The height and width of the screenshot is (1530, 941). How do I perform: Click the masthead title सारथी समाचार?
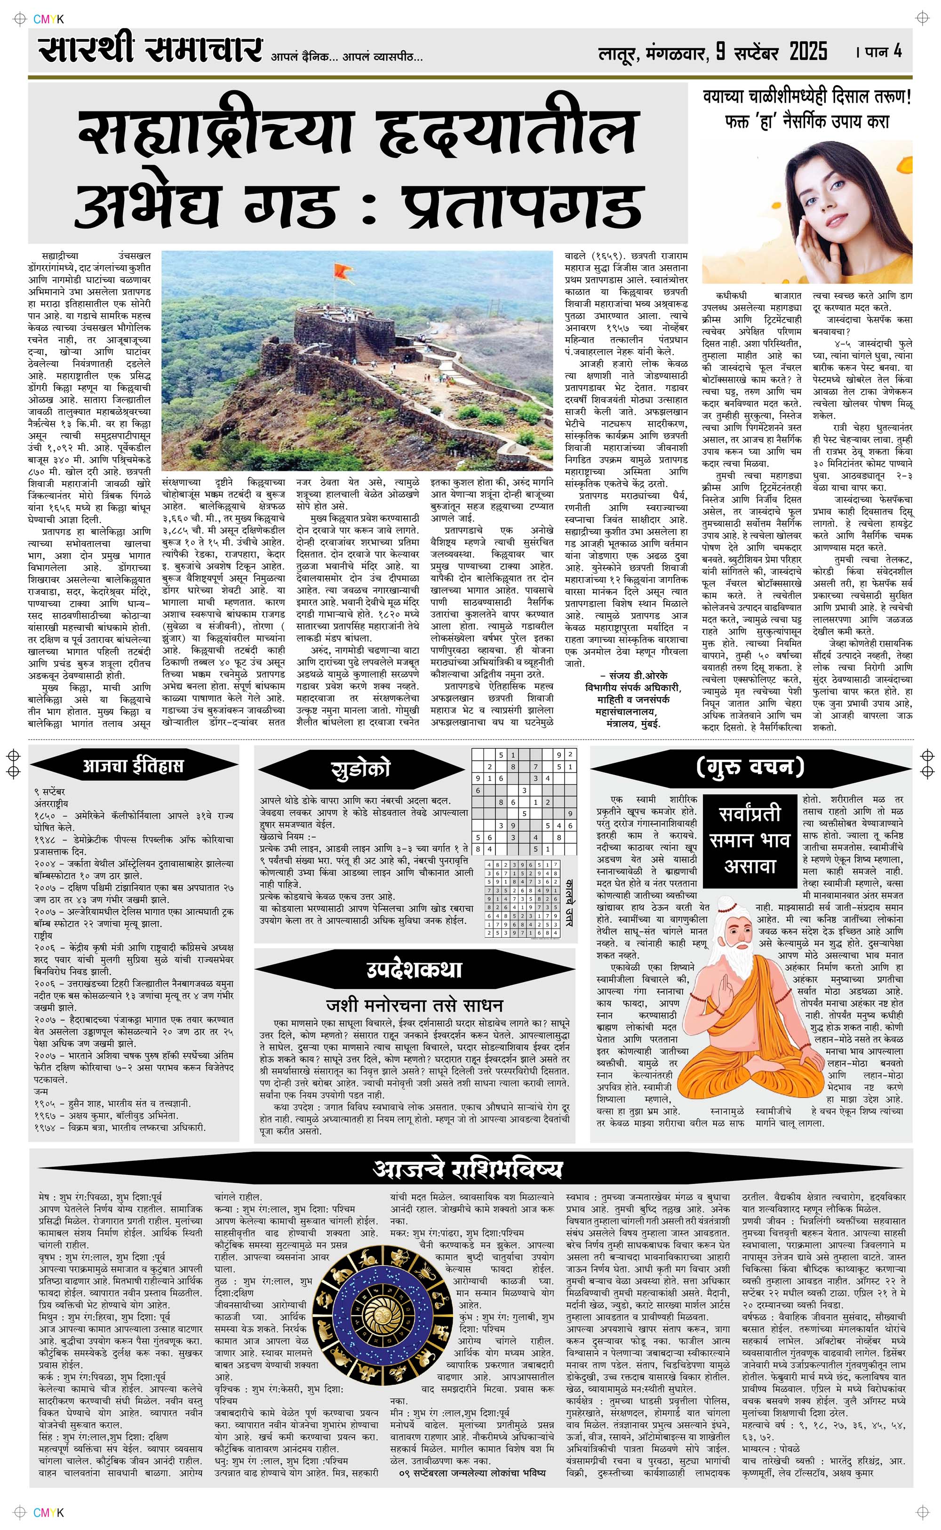tap(149, 50)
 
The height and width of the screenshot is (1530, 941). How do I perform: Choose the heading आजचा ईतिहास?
tap(133, 766)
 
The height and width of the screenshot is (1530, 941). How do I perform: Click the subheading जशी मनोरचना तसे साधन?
tap(414, 1005)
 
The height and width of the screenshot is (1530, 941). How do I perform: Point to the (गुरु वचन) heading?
tap(750, 766)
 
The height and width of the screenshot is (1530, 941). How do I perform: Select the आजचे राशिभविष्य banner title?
tap(468, 1169)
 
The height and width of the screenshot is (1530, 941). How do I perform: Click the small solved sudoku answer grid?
tap(523, 898)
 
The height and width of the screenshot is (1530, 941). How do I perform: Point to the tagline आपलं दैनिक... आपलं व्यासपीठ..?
tap(347, 58)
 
